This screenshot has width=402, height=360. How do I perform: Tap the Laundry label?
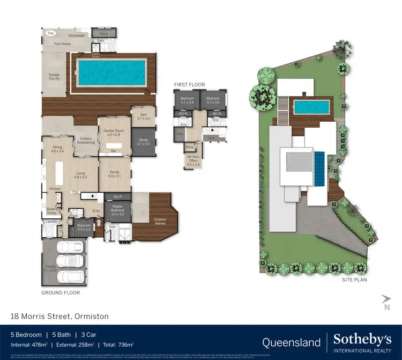tap(51, 222)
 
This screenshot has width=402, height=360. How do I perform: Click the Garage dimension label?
tap(50, 269)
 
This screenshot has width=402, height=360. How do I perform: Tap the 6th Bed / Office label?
tap(193, 160)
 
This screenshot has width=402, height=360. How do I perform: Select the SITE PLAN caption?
tap(355, 280)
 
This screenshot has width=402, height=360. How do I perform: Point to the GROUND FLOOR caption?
tap(61, 293)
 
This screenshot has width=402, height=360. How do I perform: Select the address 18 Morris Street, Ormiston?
tap(59, 317)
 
